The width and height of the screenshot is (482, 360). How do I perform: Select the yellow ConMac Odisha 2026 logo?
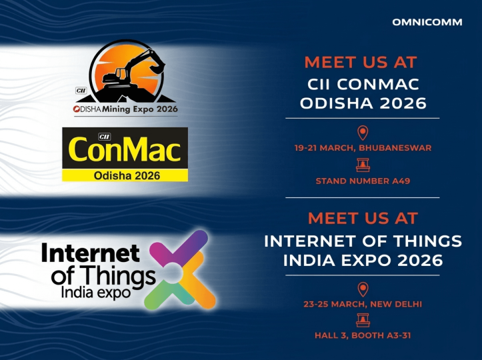pos(125,153)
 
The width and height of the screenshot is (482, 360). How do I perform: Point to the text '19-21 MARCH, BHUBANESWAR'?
pos(363,147)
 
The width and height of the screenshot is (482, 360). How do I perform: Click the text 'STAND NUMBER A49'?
pos(363,180)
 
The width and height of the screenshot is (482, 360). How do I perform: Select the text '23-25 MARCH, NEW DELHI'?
pos(363,304)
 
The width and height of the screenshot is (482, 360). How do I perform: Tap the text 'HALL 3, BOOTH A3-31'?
pos(363,335)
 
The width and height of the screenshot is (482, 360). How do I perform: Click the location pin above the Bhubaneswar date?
pos(363,132)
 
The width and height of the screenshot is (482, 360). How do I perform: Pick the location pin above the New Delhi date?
pos(363,289)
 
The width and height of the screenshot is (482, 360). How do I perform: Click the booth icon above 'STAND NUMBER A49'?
pos(363,165)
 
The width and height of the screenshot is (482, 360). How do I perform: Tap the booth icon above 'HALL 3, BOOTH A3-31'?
pos(363,321)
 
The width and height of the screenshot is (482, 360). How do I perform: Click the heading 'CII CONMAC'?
pos(363,85)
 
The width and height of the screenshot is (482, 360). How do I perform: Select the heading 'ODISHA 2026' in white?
pos(363,104)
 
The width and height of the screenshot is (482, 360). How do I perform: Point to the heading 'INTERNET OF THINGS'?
pos(363,241)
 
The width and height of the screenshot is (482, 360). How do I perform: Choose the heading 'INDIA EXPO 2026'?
pos(363,260)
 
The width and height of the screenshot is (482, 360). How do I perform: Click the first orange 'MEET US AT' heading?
pos(361,63)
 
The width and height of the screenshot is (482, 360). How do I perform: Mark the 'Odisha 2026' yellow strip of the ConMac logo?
pos(125,175)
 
